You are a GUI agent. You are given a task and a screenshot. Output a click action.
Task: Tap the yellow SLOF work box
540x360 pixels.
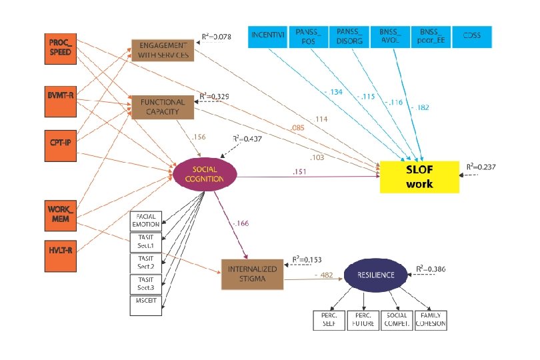click(x=419, y=176)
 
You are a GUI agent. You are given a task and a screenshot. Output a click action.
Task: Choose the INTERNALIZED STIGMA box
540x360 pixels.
click(x=248, y=274)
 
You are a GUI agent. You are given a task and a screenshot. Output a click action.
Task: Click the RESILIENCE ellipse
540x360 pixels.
click(x=374, y=275)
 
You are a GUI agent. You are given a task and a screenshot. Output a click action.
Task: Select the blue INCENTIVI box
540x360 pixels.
click(x=267, y=37)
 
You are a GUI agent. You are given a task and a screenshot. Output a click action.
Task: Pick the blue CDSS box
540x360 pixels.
click(x=471, y=37)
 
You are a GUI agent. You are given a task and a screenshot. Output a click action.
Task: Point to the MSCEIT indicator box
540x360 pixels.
click(x=146, y=305)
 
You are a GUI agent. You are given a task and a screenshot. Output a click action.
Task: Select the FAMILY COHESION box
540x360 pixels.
click(x=430, y=319)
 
